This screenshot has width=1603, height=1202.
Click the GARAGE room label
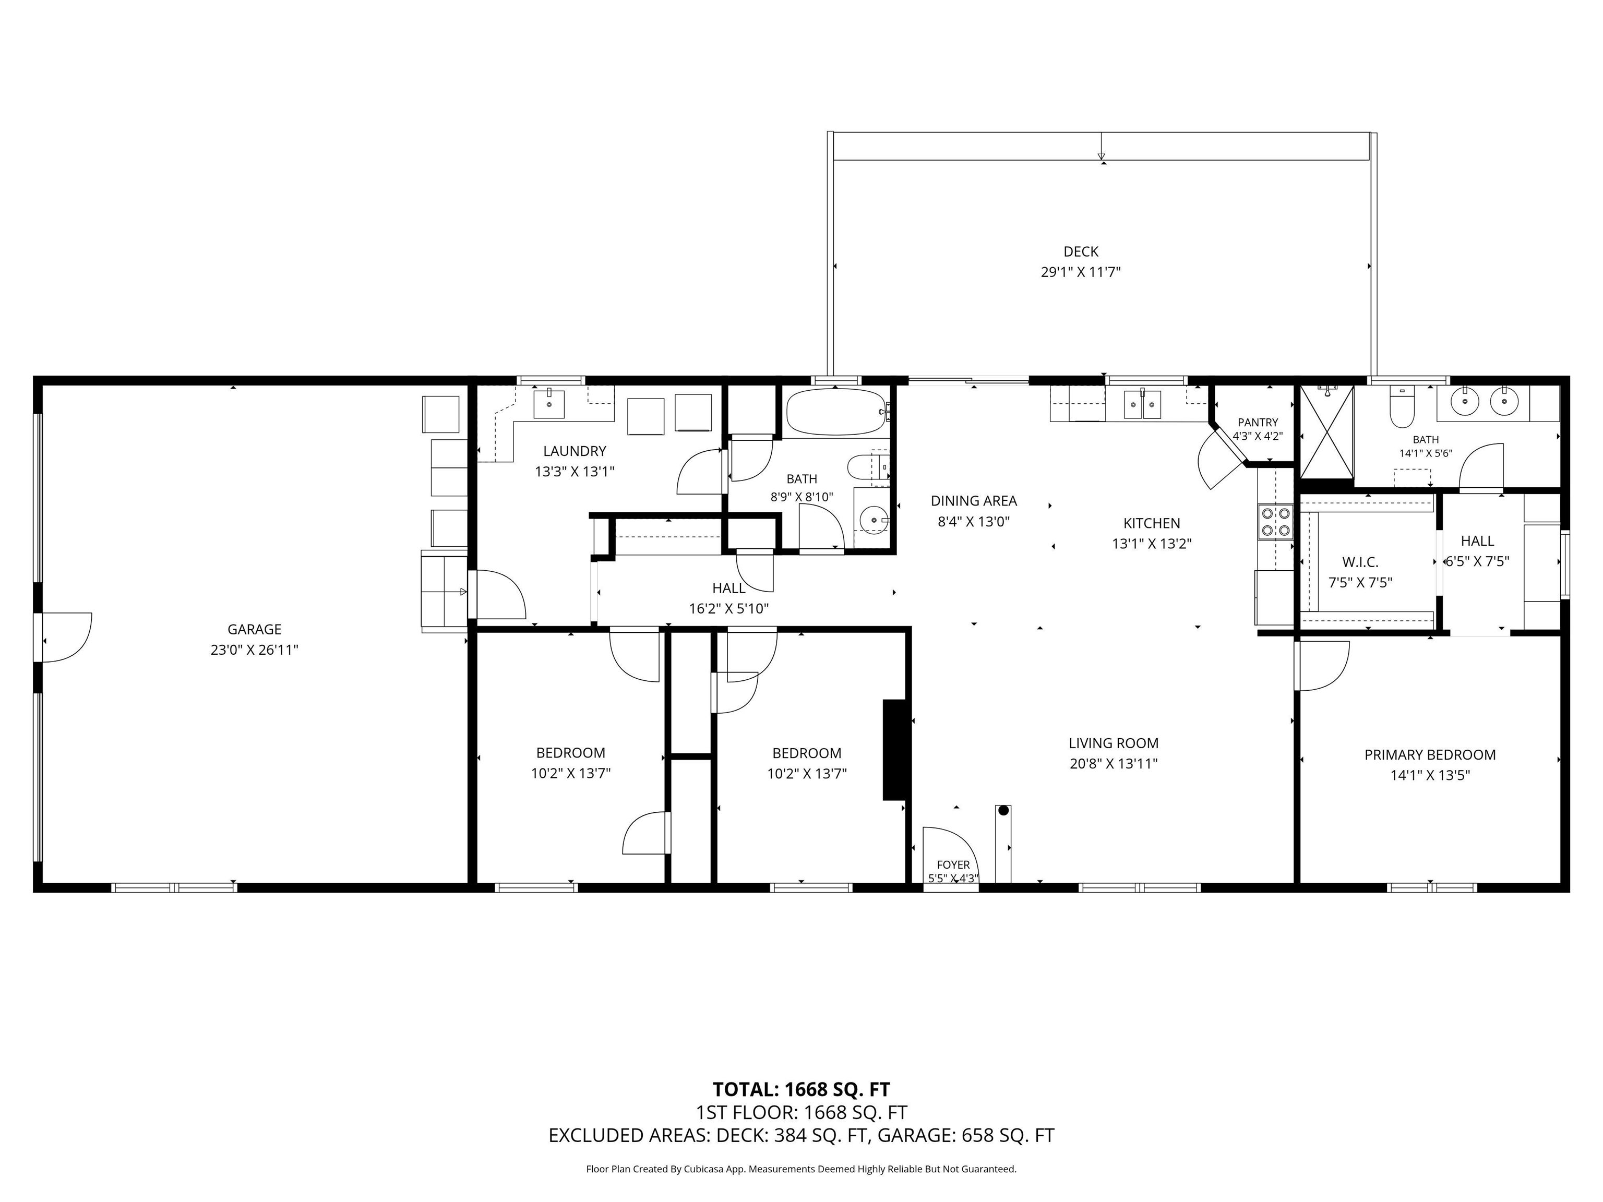pos(254,630)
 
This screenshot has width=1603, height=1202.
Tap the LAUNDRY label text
pos(575,451)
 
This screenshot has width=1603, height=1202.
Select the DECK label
pos(1081,251)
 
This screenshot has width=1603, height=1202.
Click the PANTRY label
pos(1258,423)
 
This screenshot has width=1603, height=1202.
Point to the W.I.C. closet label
pos(1360,562)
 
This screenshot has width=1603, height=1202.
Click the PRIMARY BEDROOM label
pos(1430,755)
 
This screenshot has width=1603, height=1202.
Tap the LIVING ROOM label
pos(1113,743)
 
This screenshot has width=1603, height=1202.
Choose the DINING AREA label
pos(973,501)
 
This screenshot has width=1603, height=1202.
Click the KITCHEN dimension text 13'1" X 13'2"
pos(1152,544)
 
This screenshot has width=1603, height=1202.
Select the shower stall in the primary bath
pos(1327,432)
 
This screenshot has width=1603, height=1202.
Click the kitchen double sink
pos(1142,404)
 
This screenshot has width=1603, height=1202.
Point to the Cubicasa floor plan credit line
pos(801,1169)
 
